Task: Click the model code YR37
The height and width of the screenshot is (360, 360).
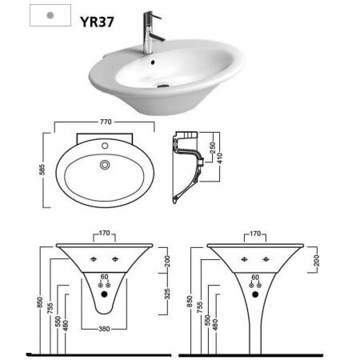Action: click(x=97, y=22)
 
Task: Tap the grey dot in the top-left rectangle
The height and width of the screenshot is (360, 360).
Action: click(x=50, y=15)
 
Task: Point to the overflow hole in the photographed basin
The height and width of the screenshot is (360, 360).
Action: click(x=153, y=62)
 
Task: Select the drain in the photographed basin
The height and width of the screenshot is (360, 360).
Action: click(x=163, y=86)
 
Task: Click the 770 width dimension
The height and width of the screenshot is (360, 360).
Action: click(x=106, y=122)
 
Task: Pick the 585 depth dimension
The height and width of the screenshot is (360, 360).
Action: click(x=42, y=170)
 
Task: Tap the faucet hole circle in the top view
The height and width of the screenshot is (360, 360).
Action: click(x=105, y=146)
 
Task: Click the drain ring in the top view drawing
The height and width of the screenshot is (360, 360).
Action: click(x=105, y=165)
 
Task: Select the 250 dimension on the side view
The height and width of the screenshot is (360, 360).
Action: click(x=213, y=148)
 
